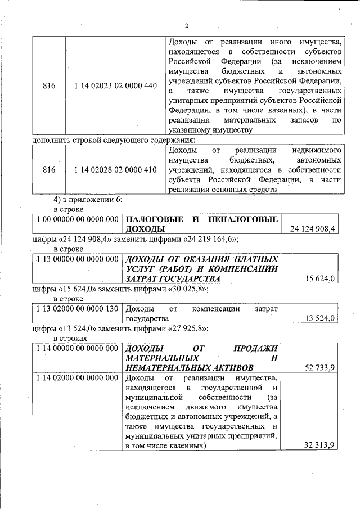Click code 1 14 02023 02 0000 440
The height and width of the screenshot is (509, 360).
click(115, 85)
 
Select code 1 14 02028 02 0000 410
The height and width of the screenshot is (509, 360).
click(115, 170)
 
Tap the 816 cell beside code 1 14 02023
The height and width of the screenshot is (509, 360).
click(49, 85)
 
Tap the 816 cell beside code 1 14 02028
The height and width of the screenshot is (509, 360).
click(49, 170)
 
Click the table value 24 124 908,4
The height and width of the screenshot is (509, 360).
click(313, 229)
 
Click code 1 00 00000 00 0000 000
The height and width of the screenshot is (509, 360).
click(76, 219)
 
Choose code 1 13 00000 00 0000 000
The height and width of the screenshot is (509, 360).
click(76, 259)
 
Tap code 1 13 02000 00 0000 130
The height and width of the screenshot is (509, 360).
click(76, 309)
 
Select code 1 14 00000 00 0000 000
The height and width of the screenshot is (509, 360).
click(76, 348)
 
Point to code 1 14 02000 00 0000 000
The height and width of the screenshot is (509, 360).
click(76, 377)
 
